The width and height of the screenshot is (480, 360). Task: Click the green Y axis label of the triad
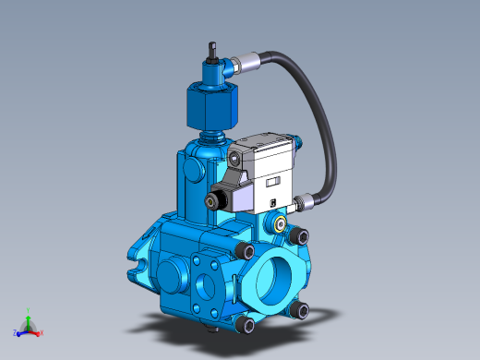[x=29, y=314]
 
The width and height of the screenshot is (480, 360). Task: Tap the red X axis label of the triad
[x=42, y=331]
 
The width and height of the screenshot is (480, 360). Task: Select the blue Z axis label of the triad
[x=16, y=332]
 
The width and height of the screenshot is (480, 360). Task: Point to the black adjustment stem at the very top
[x=211, y=50]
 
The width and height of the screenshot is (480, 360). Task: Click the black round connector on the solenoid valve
[x=219, y=200]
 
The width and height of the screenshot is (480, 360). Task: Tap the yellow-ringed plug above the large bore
[x=280, y=224]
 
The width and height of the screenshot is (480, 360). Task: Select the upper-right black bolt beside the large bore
[x=296, y=237]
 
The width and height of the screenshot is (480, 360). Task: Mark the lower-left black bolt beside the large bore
[x=243, y=324]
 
